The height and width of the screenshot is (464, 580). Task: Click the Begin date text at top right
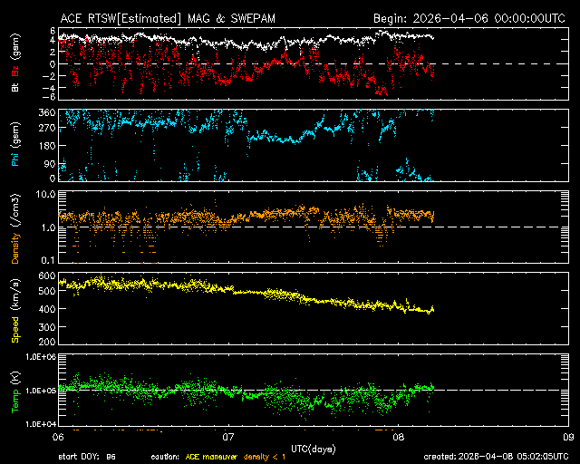click(x=470, y=17)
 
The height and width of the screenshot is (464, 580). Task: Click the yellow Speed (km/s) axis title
click(x=15, y=310)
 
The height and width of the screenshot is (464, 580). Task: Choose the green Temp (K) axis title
click(x=15, y=390)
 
